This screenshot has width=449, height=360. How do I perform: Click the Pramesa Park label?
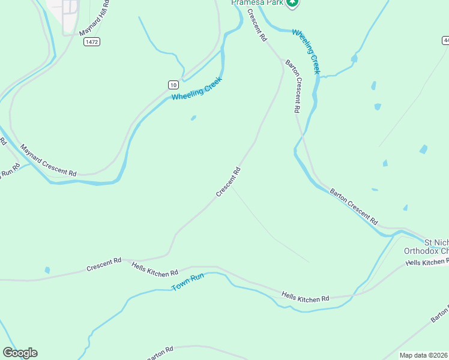pos(256,2)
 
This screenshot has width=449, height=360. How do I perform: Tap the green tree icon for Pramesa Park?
pos(292,3)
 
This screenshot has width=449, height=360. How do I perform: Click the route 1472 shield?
pos(92,41)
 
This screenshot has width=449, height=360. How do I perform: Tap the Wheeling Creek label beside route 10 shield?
pos(197,89)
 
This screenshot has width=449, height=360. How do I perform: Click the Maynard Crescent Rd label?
pos(48,160)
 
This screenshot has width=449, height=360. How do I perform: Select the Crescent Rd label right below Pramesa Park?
pos(256,26)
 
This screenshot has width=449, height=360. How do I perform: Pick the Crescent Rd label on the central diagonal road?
pos(229,182)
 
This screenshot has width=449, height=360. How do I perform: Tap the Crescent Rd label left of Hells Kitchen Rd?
pos(104,264)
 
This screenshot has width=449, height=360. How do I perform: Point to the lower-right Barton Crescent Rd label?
pos(354,206)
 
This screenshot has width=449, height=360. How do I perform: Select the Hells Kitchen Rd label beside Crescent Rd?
pos(155,268)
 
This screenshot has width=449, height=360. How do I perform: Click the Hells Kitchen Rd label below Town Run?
pos(306,296)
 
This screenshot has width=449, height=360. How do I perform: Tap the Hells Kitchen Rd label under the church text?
pos(427,262)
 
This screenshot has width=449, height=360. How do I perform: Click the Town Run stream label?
pos(188,283)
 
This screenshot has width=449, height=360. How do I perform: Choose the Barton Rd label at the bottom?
pos(159,352)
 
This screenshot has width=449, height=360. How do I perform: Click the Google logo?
pos(20,353)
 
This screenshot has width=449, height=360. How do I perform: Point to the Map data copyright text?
pos(423,355)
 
